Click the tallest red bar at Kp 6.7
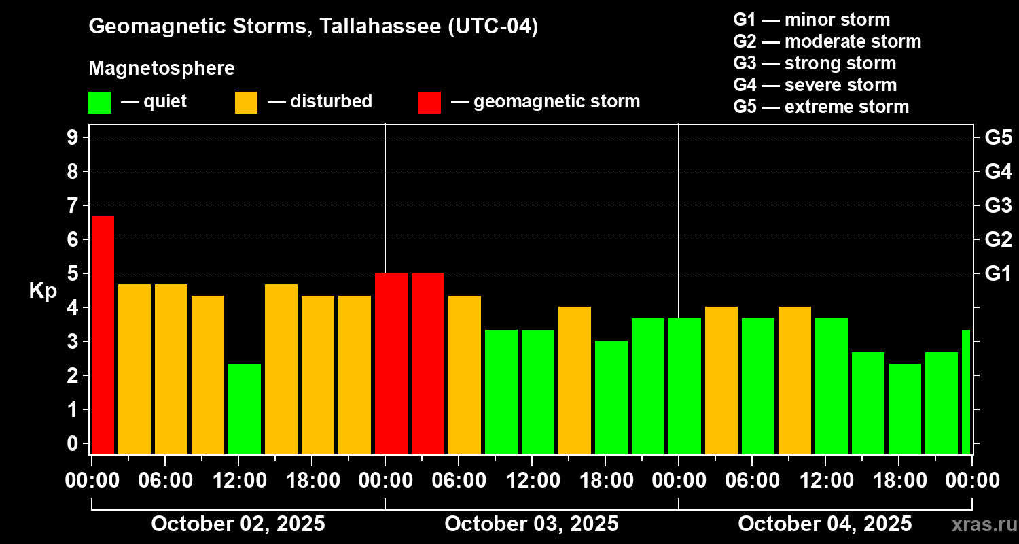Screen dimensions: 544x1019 (103, 335)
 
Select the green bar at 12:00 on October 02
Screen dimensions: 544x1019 (245, 409)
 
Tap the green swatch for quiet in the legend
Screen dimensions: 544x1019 (99, 103)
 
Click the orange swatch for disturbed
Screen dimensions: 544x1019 (246, 103)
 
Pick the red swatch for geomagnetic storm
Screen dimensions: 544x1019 (429, 103)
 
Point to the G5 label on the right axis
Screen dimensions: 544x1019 (998, 138)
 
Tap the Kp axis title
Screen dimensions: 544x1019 (42, 291)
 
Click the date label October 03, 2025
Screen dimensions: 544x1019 (531, 524)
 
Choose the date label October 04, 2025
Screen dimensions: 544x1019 (825, 524)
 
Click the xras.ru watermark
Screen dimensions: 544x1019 (979, 524)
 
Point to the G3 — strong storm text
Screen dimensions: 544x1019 (815, 63)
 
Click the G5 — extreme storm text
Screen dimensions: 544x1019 (821, 107)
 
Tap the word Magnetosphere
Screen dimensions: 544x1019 (162, 69)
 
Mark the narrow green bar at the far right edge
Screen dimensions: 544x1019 (966, 392)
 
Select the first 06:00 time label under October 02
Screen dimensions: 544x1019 (166, 481)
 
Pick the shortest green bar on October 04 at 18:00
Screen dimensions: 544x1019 (905, 409)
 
